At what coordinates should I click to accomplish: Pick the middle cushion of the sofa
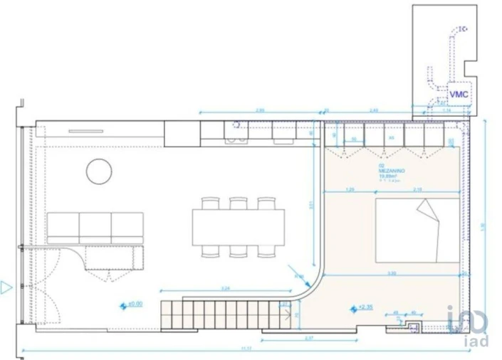point(95,226)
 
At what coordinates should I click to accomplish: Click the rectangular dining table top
point(238,226)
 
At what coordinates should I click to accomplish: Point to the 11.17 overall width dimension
point(246,349)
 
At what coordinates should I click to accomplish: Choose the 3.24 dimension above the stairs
point(225,288)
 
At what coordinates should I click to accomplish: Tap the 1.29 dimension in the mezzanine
point(349,189)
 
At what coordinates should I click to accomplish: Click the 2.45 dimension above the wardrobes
point(373,110)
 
